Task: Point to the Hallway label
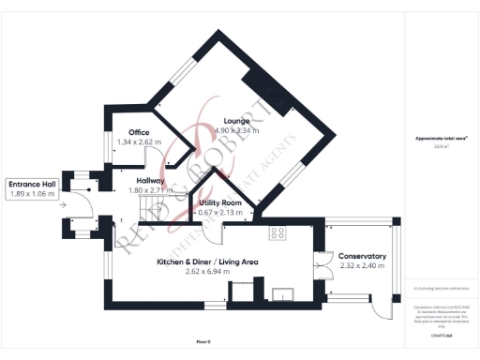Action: pyautogui.click(x=149, y=180)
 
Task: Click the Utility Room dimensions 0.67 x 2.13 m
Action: pyautogui.click(x=219, y=213)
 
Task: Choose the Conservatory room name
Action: pyautogui.click(x=362, y=256)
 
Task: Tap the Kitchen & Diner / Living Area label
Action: pyautogui.click(x=208, y=262)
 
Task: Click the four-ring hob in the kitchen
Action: pyautogui.click(x=278, y=232)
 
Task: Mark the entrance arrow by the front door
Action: pyautogui.click(x=62, y=202)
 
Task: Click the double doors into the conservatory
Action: pyautogui.click(x=325, y=264)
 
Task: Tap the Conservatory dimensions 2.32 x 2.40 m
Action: pyautogui.click(x=362, y=265)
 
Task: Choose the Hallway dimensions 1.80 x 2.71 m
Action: pyautogui.click(x=149, y=190)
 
